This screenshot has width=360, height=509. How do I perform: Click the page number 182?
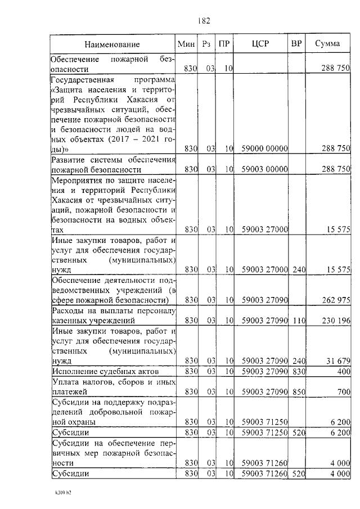204,21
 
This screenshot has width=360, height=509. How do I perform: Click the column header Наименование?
112,44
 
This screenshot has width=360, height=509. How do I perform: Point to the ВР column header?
296,44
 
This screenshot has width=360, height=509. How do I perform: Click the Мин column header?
186,44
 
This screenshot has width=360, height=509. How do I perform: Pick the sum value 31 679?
338,361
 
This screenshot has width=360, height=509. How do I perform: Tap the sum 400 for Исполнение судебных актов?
344,371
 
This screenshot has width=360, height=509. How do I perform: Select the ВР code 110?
299,320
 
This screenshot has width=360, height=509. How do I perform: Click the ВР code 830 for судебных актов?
299,371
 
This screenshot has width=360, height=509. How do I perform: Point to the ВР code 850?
299,391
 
